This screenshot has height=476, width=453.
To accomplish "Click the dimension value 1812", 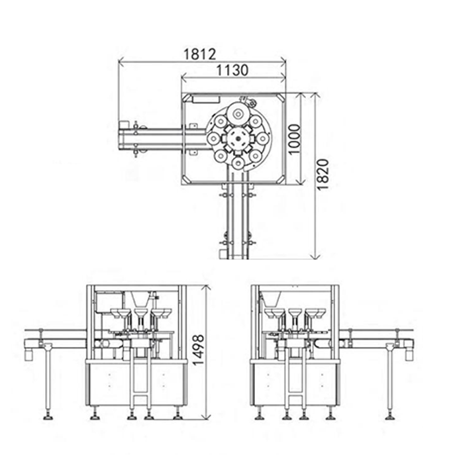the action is pos(200,54).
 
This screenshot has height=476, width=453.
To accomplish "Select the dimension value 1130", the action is pos(232,70).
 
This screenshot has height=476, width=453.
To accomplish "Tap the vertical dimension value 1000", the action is pos(294,139).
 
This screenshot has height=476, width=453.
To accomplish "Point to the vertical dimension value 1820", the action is pos(323,174).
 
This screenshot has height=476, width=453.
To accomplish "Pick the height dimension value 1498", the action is pos(199,350).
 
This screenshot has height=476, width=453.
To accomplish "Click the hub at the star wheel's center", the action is pos(238,139).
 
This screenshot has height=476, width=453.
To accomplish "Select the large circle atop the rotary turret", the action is pos(238,113).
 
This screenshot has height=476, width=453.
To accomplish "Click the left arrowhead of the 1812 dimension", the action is pos(121,62).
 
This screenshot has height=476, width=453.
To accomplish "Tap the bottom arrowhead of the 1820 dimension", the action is pos(316,256).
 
